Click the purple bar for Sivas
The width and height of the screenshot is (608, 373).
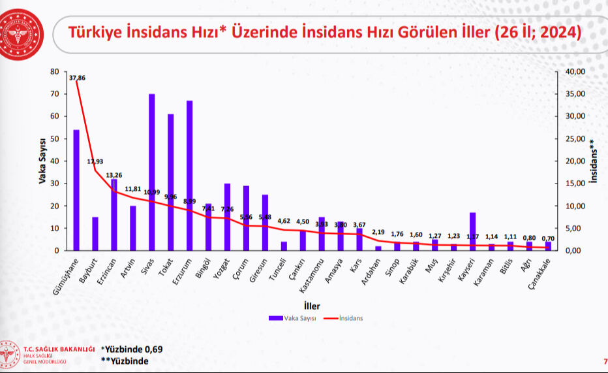[x=151, y=172]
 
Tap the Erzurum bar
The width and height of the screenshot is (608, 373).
[x=189, y=176]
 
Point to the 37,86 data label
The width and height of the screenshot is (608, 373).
[x=77, y=78]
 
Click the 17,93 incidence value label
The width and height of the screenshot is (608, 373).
[x=95, y=161]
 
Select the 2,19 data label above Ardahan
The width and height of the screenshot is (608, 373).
[x=378, y=232]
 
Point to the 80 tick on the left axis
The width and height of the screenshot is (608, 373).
[x=55, y=71]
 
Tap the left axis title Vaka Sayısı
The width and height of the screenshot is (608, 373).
[x=42, y=161]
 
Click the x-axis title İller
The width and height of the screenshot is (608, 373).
[x=311, y=305]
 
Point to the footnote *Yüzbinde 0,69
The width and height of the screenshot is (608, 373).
[x=132, y=349]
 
